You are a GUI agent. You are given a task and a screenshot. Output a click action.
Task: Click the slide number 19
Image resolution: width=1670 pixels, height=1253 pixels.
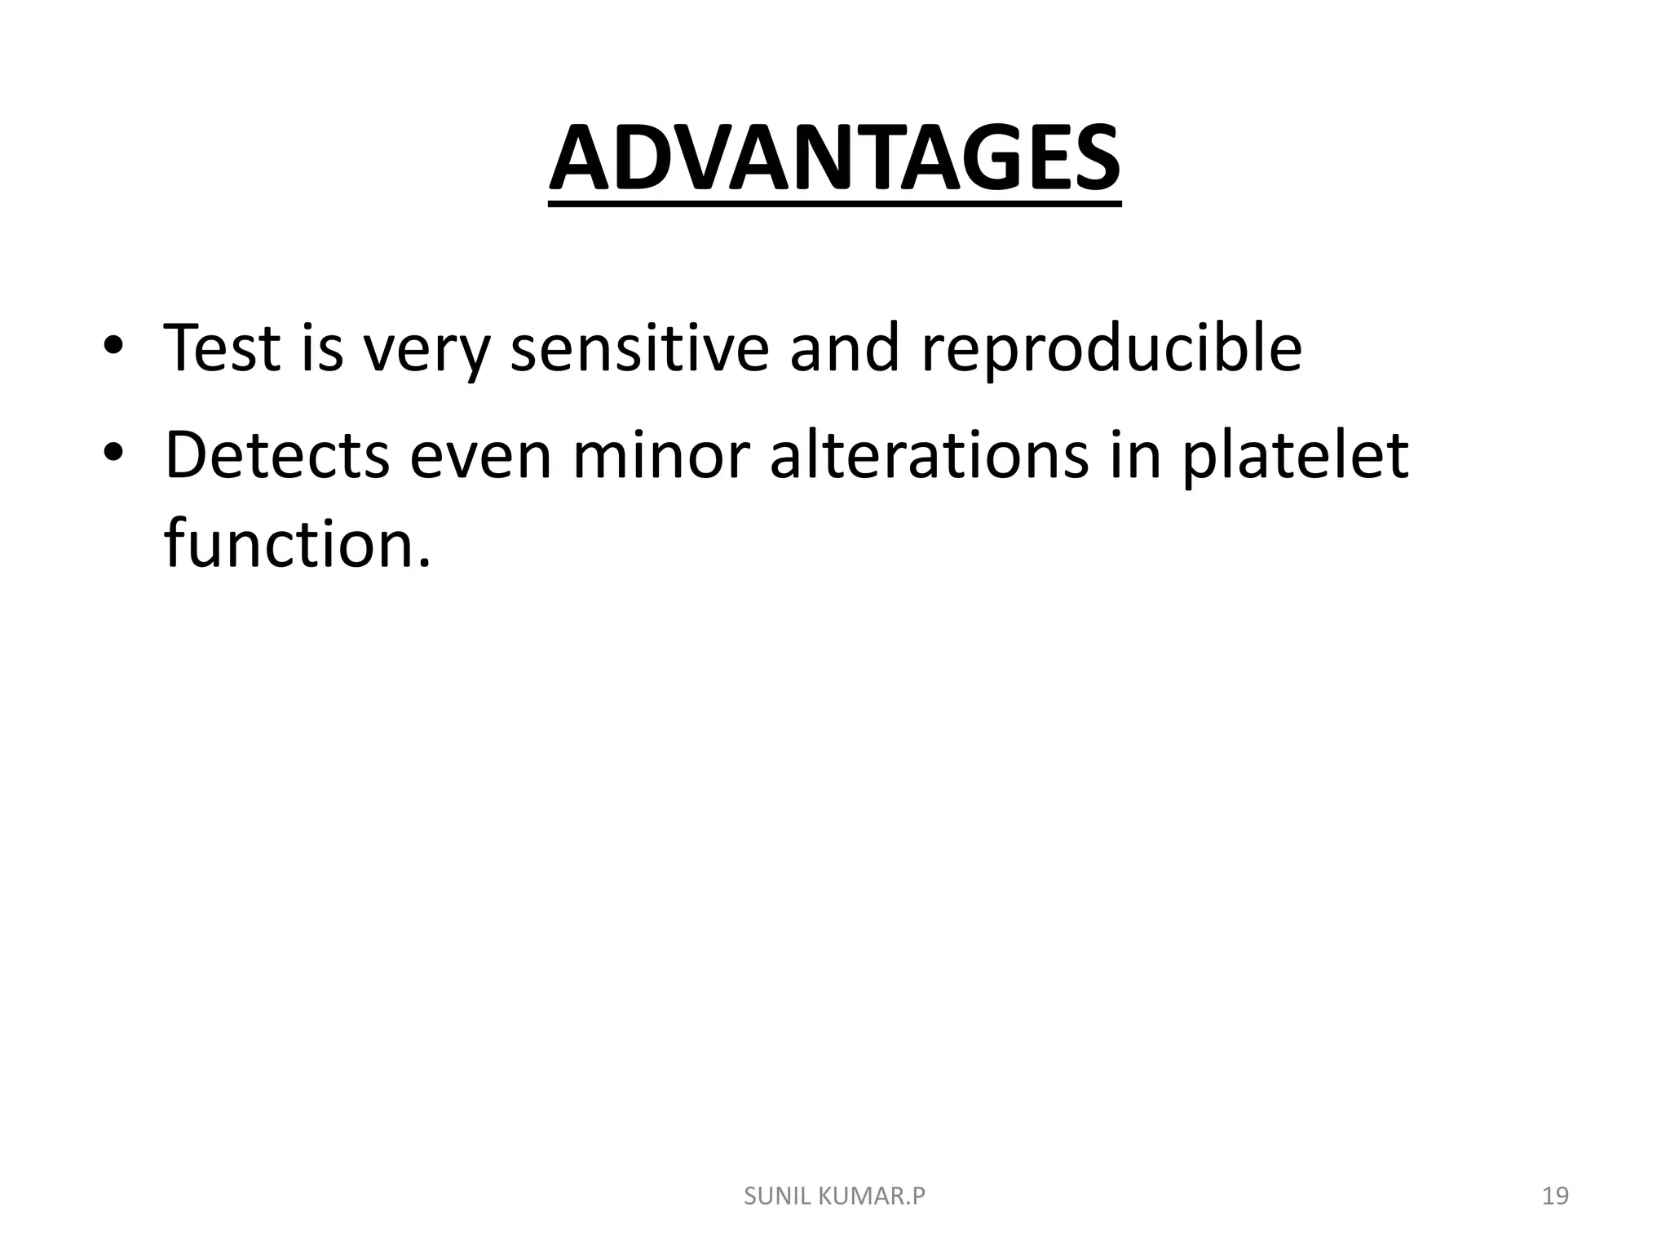click(x=1555, y=1196)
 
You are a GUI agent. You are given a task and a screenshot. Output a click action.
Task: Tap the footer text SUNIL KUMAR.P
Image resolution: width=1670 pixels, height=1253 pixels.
click(x=834, y=1196)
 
